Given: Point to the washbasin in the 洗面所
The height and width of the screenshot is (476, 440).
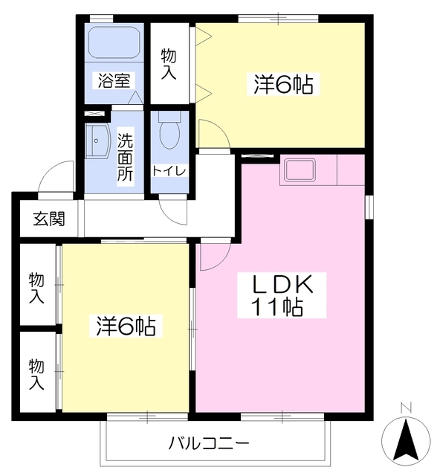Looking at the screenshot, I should click(97, 141).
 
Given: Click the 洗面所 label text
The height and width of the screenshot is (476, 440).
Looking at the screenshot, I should click(126, 155).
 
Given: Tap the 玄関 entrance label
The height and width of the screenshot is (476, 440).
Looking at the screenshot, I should click(48, 219).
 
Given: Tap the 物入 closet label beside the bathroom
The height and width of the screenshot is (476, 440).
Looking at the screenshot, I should click(169, 63).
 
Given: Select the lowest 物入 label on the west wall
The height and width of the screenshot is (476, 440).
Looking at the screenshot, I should click(36, 373).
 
